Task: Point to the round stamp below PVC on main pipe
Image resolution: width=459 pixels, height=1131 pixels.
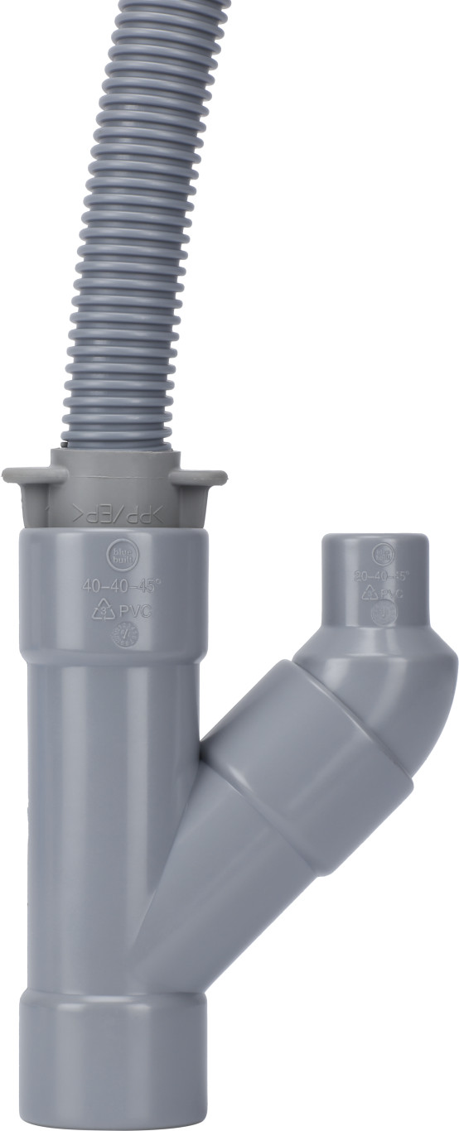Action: coord(125,635)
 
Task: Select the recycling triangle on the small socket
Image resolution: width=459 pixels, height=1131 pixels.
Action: coord(370,592)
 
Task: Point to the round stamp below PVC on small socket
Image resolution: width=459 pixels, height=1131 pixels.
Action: coord(384,614)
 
